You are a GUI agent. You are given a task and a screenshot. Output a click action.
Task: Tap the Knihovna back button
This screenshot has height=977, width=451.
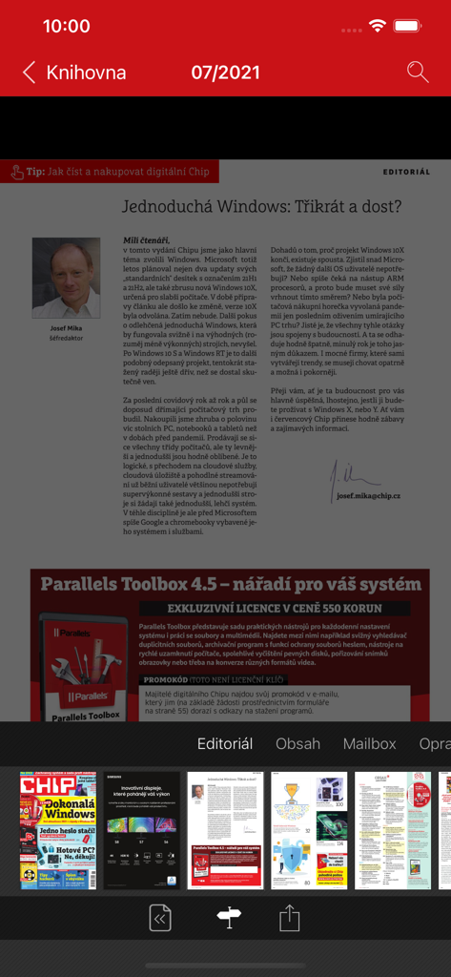pyautogui.click(x=74, y=73)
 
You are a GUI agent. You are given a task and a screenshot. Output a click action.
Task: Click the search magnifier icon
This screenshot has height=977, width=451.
pyautogui.click(x=417, y=72)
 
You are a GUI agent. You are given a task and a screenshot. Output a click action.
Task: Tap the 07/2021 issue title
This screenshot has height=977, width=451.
pyautogui.click(x=225, y=73)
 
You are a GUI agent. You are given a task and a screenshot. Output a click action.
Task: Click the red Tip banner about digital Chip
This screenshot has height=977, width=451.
pyautogui.click(x=110, y=172)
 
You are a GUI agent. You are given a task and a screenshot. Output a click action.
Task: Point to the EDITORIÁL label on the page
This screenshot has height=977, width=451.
pyautogui.click(x=406, y=173)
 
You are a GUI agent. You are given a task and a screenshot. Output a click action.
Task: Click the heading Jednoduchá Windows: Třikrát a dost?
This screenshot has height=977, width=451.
pyautogui.click(x=261, y=206)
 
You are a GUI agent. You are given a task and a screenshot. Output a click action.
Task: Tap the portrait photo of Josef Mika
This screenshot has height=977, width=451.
pyautogui.click(x=66, y=278)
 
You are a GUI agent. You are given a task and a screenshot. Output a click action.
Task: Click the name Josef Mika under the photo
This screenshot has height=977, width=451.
pyautogui.click(x=66, y=328)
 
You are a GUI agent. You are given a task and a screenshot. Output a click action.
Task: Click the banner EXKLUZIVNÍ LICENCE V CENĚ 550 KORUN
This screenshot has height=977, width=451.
pyautogui.click(x=274, y=608)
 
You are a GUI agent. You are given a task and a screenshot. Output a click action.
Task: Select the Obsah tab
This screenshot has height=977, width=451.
pyautogui.click(x=297, y=743)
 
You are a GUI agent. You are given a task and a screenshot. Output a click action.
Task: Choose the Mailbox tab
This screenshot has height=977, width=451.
pyautogui.click(x=369, y=743)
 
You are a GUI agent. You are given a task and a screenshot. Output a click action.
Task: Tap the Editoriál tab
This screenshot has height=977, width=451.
pyautogui.click(x=225, y=743)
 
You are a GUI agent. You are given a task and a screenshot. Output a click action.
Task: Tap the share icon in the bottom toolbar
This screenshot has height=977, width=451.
pyautogui.click(x=289, y=918)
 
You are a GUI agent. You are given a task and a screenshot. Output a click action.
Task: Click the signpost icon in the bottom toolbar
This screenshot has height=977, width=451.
pyautogui.click(x=229, y=918)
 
